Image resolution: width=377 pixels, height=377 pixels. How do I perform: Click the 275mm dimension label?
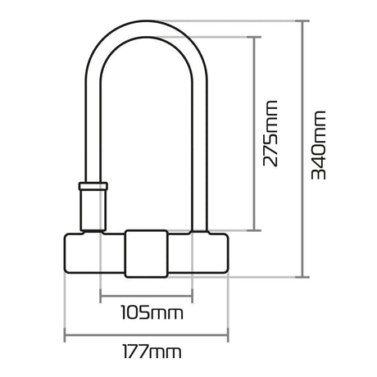pyautogui.click(x=270, y=134)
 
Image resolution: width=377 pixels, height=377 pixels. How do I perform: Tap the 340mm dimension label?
pyautogui.click(x=319, y=145)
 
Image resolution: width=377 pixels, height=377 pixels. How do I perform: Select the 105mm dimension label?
pyautogui.click(x=152, y=313)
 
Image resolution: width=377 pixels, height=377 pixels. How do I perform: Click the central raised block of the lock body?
pyautogui.click(x=146, y=254)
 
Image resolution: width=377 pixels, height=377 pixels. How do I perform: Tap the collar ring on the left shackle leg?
pyautogui.click(x=93, y=186)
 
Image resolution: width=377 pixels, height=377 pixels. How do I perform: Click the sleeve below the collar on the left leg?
pyautogui.click(x=93, y=211)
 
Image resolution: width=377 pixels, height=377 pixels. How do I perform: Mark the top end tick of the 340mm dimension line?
pyautogui.click(x=302, y=20)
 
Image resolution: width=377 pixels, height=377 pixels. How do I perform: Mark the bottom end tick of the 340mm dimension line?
pyautogui.click(x=302, y=277)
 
